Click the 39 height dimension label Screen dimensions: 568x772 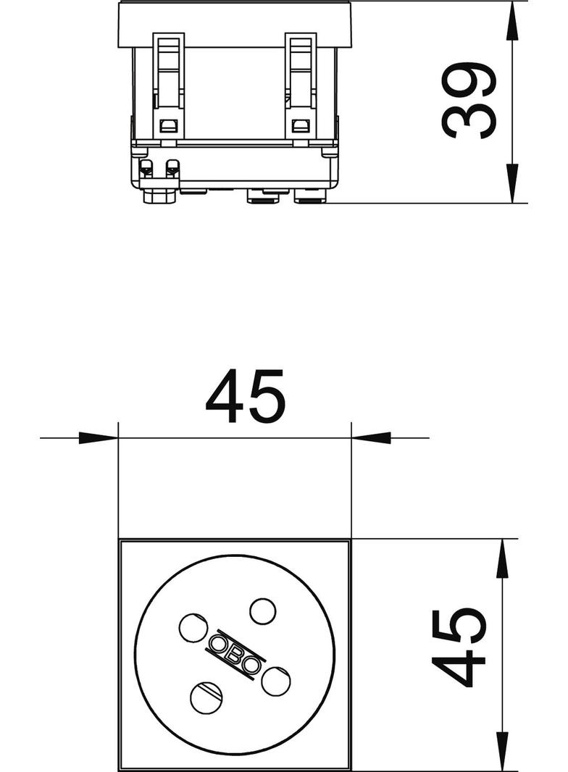pyautogui.click(x=467, y=101)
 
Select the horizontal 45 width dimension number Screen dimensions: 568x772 pyautogui.click(x=245, y=396)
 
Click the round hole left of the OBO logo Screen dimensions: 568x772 pyautogui.click(x=192, y=628)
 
